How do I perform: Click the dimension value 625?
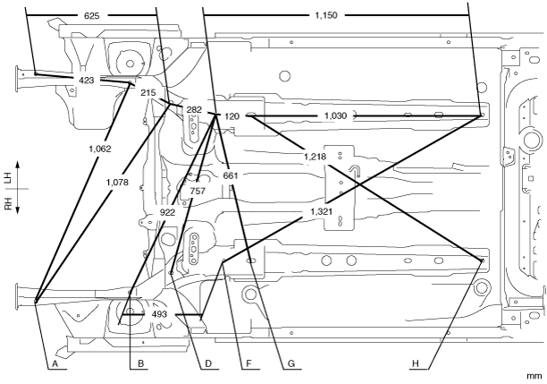click(92, 16)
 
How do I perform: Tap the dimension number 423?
click(86, 81)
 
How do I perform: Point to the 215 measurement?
click(147, 93)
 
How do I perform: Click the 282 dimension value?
click(195, 110)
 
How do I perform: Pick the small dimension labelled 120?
click(232, 116)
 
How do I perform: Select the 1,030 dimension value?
click(335, 116)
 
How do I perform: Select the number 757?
click(198, 192)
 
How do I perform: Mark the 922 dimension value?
click(168, 212)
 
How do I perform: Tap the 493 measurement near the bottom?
click(159, 315)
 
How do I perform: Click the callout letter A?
click(55, 365)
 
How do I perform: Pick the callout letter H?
click(415, 365)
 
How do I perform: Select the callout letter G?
click(290, 365)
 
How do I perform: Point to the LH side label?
click(8, 178)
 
